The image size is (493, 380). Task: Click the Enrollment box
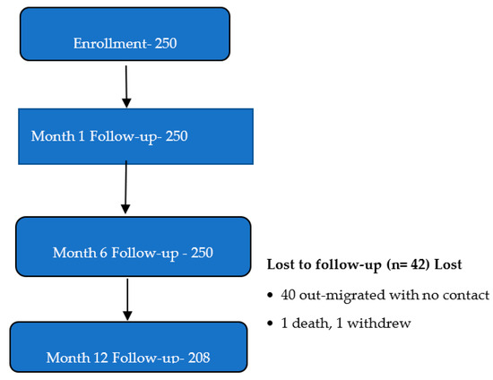point(125,34)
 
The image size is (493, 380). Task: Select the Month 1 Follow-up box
point(136,136)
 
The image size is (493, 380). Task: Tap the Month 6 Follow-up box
point(134,246)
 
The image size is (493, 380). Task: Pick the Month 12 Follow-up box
point(128,347)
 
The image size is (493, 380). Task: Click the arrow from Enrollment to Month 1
point(126,87)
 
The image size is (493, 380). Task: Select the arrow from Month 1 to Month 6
point(125,187)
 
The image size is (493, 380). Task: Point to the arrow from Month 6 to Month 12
point(127,299)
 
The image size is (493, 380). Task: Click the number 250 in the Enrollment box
point(166,43)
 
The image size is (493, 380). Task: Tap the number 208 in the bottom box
point(199,358)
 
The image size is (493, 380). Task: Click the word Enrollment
point(110,43)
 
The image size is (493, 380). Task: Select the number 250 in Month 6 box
point(203,253)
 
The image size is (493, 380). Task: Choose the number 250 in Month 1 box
point(177,136)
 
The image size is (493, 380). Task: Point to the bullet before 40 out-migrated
point(270,295)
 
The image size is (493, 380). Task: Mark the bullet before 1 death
point(270,324)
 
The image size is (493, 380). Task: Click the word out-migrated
point(342,296)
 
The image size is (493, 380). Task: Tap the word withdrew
point(379,324)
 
